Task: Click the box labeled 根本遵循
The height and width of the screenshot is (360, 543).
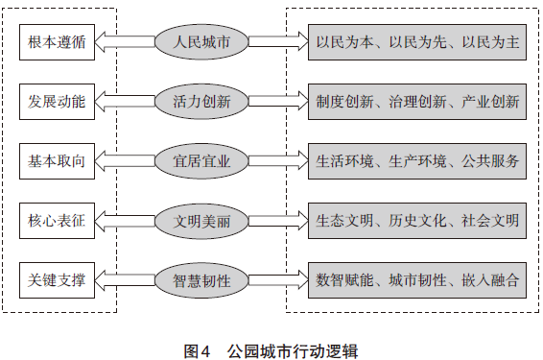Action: coord(57,42)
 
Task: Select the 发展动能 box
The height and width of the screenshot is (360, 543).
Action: coord(57,102)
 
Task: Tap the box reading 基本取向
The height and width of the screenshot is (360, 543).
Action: coord(57,161)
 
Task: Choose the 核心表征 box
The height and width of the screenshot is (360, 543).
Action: coord(57,221)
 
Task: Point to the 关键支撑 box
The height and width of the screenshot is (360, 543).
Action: coord(57,280)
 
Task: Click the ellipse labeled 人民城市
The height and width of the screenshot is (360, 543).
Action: coord(201,42)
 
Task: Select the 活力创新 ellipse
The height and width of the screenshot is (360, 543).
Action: coord(201,102)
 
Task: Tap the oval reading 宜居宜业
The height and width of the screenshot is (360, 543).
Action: coord(201,161)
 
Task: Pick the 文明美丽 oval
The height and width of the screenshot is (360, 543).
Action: coord(201,221)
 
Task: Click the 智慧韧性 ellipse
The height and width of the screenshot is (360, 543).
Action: coord(201,280)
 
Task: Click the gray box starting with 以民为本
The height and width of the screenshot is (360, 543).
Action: coord(417,42)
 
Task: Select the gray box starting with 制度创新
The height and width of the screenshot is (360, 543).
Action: coord(417,102)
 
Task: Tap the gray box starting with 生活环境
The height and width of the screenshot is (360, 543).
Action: coord(417,161)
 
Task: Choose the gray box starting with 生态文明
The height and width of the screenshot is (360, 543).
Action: coord(417,221)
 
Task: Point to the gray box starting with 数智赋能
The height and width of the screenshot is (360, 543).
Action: coord(417,280)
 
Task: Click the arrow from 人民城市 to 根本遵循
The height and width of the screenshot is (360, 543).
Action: coord(125,42)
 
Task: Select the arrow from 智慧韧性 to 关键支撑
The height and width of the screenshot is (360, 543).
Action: coord(125,280)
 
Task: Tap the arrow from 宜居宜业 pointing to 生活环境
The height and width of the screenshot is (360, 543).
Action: coord(278,161)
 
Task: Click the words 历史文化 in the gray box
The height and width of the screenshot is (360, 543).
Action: coord(417,221)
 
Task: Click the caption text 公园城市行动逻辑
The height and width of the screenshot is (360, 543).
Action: coord(293,351)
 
